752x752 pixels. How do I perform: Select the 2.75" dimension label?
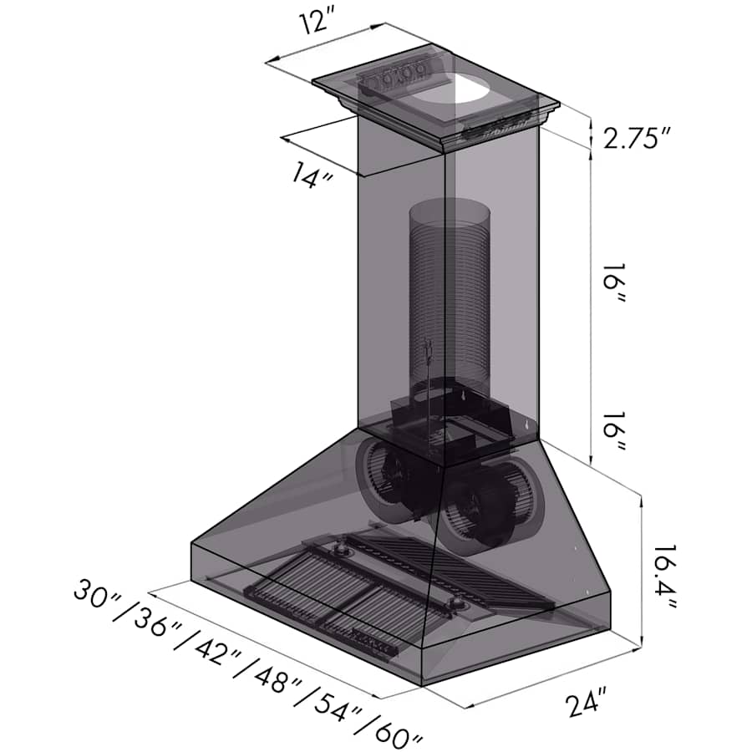637,139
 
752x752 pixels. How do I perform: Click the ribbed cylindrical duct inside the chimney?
449,301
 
